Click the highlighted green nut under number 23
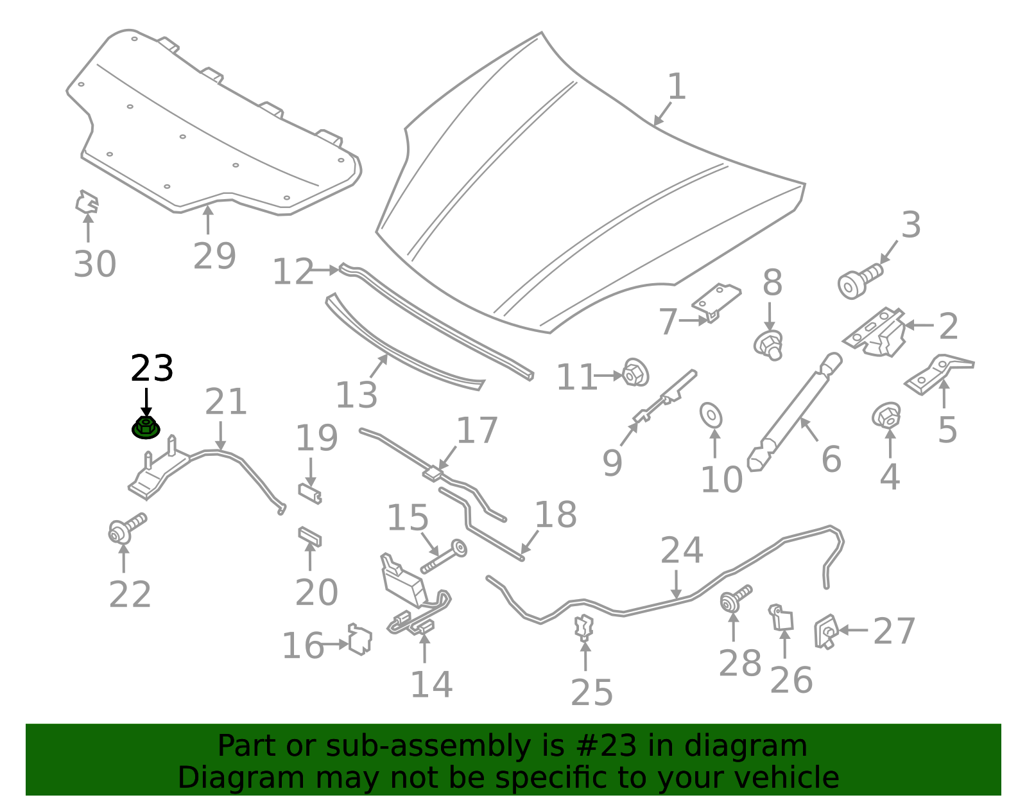pos(146,428)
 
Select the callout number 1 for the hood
pos(677,87)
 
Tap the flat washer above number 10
pos(711,415)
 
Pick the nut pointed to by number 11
pos(635,373)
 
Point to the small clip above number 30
pos(87,203)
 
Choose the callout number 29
pos(214,256)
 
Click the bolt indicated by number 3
pos(860,282)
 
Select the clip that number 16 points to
pos(360,640)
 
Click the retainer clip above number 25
pos(584,627)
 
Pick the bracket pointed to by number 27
pos(826,631)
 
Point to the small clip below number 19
pos(309,494)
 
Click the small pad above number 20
pos(309,536)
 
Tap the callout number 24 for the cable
pos(682,550)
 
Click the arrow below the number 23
pos(146,403)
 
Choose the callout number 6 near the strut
pos(832,459)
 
